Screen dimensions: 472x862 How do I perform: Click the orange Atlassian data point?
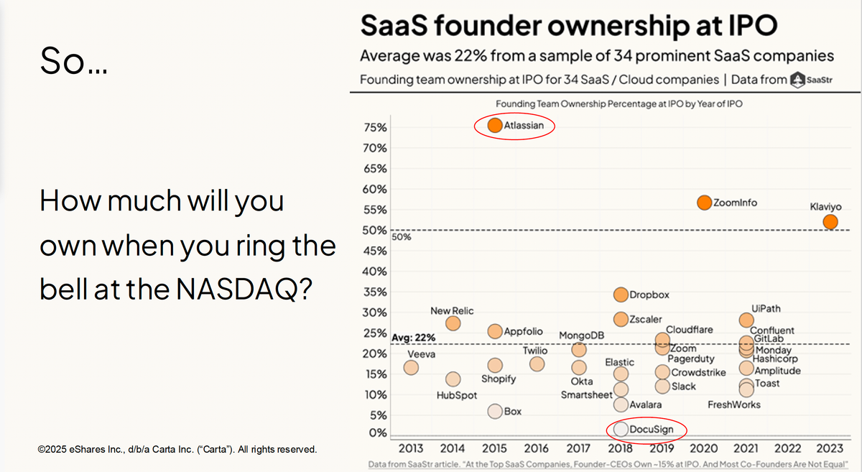click(495, 125)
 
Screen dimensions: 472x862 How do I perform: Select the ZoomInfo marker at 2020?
click(704, 203)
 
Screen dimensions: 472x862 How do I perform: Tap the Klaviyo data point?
click(830, 222)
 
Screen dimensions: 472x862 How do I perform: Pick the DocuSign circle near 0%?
click(621, 430)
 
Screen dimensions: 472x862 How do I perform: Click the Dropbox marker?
click(621, 295)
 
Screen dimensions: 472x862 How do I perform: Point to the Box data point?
click(495, 412)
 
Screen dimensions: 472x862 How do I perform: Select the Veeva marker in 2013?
click(411, 367)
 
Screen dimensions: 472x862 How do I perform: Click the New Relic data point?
click(453, 323)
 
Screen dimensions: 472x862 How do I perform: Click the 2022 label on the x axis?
click(788, 448)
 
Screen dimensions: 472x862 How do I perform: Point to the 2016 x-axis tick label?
click(537, 448)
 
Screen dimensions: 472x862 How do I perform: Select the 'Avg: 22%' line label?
click(414, 337)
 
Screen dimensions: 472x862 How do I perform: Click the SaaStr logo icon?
click(797, 80)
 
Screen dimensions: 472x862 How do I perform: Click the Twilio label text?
click(535, 351)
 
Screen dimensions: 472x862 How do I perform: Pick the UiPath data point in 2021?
click(746, 320)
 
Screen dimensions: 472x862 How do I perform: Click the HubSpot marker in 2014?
click(453, 379)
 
